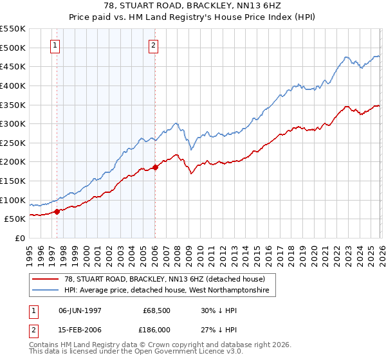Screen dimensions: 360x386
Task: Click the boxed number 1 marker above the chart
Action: click(56, 45)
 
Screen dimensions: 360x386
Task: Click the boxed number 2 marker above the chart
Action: click(154, 45)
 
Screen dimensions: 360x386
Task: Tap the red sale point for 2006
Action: click(156, 167)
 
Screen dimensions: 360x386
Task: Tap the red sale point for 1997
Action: click(57, 212)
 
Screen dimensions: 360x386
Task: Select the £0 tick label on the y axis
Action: click(21, 238)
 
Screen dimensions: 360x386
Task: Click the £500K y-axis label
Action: click(14, 48)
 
